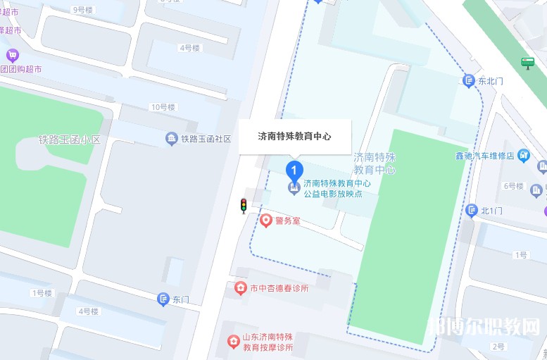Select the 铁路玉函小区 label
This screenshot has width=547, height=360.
(x=70, y=139)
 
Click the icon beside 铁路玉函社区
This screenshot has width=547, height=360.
(x=171, y=139)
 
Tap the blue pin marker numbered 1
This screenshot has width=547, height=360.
(x=294, y=170)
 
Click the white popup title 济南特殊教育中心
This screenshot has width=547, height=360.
(x=294, y=136)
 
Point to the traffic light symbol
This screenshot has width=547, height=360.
(x=244, y=206)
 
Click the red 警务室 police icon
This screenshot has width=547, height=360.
(x=266, y=221)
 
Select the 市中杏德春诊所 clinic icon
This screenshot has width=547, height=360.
(x=240, y=288)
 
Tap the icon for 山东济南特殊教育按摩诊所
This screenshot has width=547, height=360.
(x=233, y=342)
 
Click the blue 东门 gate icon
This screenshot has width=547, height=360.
(x=163, y=299)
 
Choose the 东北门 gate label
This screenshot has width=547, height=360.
(x=491, y=81)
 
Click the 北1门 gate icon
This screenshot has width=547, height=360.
(x=471, y=211)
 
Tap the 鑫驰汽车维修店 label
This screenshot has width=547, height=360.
(x=486, y=155)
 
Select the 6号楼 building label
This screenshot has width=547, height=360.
(x=513, y=186)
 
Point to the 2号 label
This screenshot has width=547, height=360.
(x=498, y=346)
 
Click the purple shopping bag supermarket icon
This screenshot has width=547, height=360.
(x=12, y=55)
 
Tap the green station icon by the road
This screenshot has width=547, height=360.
(x=527, y=63)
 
